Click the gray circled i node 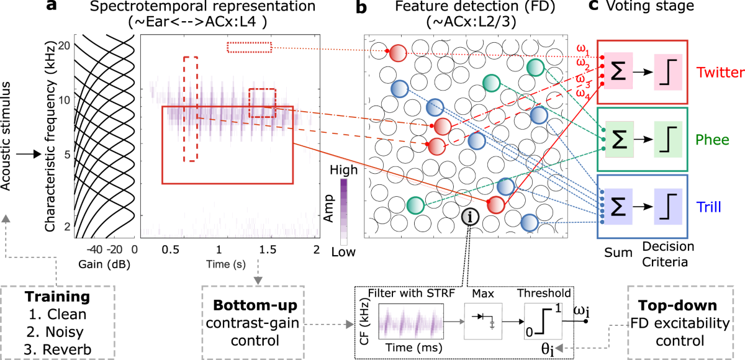[x=471, y=217]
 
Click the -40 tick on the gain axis [x=93, y=250]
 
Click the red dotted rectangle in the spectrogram [x=249, y=47]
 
